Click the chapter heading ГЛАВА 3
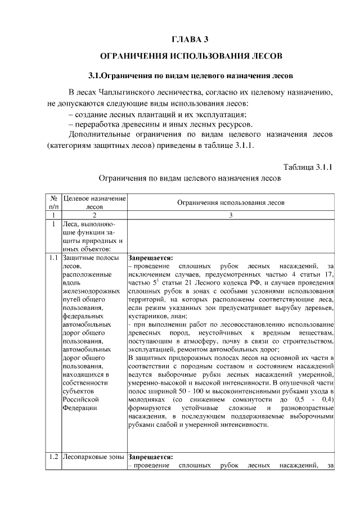[x=190, y=39]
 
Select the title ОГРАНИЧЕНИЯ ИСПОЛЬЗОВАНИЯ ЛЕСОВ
[x=190, y=57]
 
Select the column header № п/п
[x=52, y=202]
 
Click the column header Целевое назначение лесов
[x=94, y=202]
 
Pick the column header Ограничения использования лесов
[x=231, y=202]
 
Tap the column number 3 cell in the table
[x=231, y=215]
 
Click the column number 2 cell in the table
[x=94, y=215]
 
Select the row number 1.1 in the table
[x=53, y=258]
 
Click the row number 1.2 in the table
[x=53, y=457]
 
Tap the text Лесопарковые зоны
[x=94, y=457]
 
